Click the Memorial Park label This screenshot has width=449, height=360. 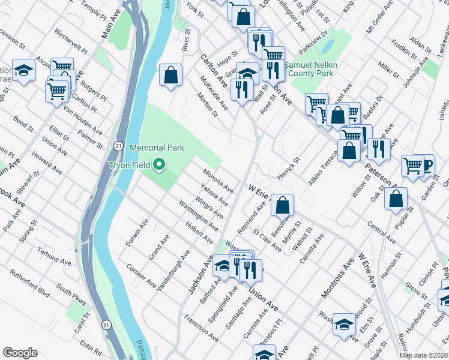click(x=157, y=147)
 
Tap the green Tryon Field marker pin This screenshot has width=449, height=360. click(x=159, y=164)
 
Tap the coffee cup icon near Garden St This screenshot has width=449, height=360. click(x=427, y=164)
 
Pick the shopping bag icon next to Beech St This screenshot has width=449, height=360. click(x=282, y=205)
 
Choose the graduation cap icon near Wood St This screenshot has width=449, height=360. click(x=344, y=325)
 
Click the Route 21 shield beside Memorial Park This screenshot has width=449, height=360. click(x=119, y=146)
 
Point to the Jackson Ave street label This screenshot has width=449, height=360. click(x=200, y=275)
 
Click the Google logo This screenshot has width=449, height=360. click(x=19, y=353)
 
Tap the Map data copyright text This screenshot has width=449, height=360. click(x=424, y=355)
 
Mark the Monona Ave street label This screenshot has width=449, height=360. click(x=217, y=181)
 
